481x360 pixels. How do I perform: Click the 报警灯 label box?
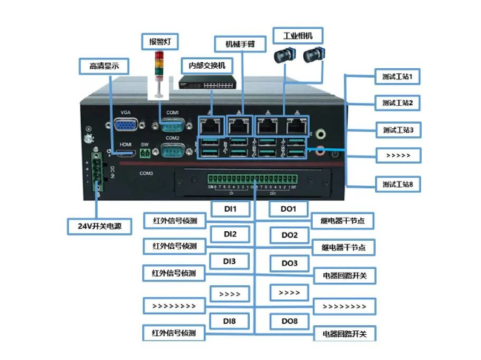[158, 40]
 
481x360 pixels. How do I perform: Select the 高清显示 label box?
[103, 66]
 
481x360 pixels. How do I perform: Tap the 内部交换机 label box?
[207, 64]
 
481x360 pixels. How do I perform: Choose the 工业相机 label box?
[298, 35]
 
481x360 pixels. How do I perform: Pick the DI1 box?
[230, 209]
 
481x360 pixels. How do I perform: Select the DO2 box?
[289, 236]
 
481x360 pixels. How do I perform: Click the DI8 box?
[230, 321]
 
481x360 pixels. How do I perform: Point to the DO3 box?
[289, 263]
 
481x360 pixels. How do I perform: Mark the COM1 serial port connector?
[172, 125]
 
